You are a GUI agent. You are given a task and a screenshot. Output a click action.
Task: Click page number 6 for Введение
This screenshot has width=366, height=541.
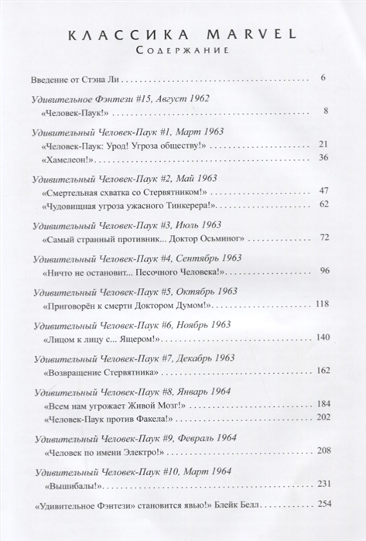(x=325, y=79)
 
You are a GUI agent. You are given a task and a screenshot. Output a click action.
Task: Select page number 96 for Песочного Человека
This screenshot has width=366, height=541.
(x=324, y=270)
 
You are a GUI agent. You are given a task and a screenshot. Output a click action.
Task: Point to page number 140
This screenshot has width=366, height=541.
(x=322, y=337)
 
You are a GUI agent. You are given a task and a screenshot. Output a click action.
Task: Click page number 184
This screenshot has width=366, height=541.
(x=322, y=405)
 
